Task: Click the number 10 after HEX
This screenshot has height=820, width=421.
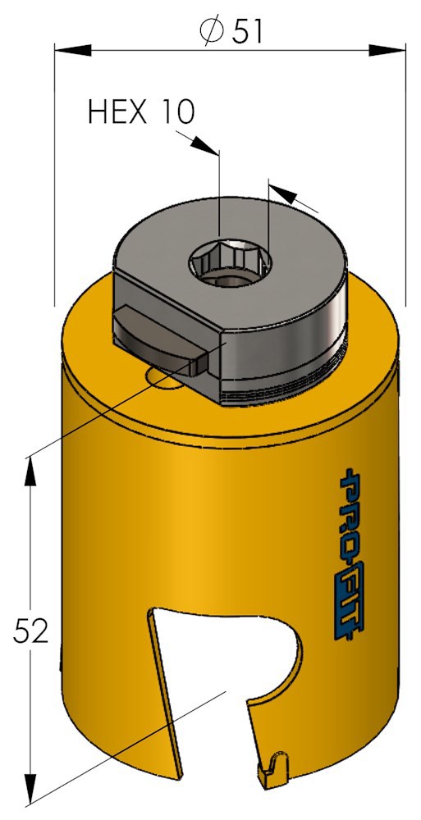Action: tap(177, 111)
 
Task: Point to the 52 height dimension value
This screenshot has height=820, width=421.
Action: tap(31, 631)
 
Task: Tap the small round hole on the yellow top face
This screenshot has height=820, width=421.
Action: tap(162, 377)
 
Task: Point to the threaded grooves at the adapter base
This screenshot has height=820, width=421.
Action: tap(287, 385)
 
